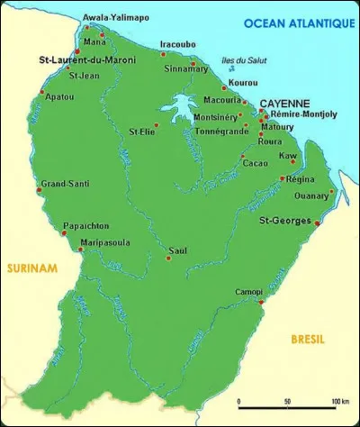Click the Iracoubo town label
pos(176,42)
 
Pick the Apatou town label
pos(60,95)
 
